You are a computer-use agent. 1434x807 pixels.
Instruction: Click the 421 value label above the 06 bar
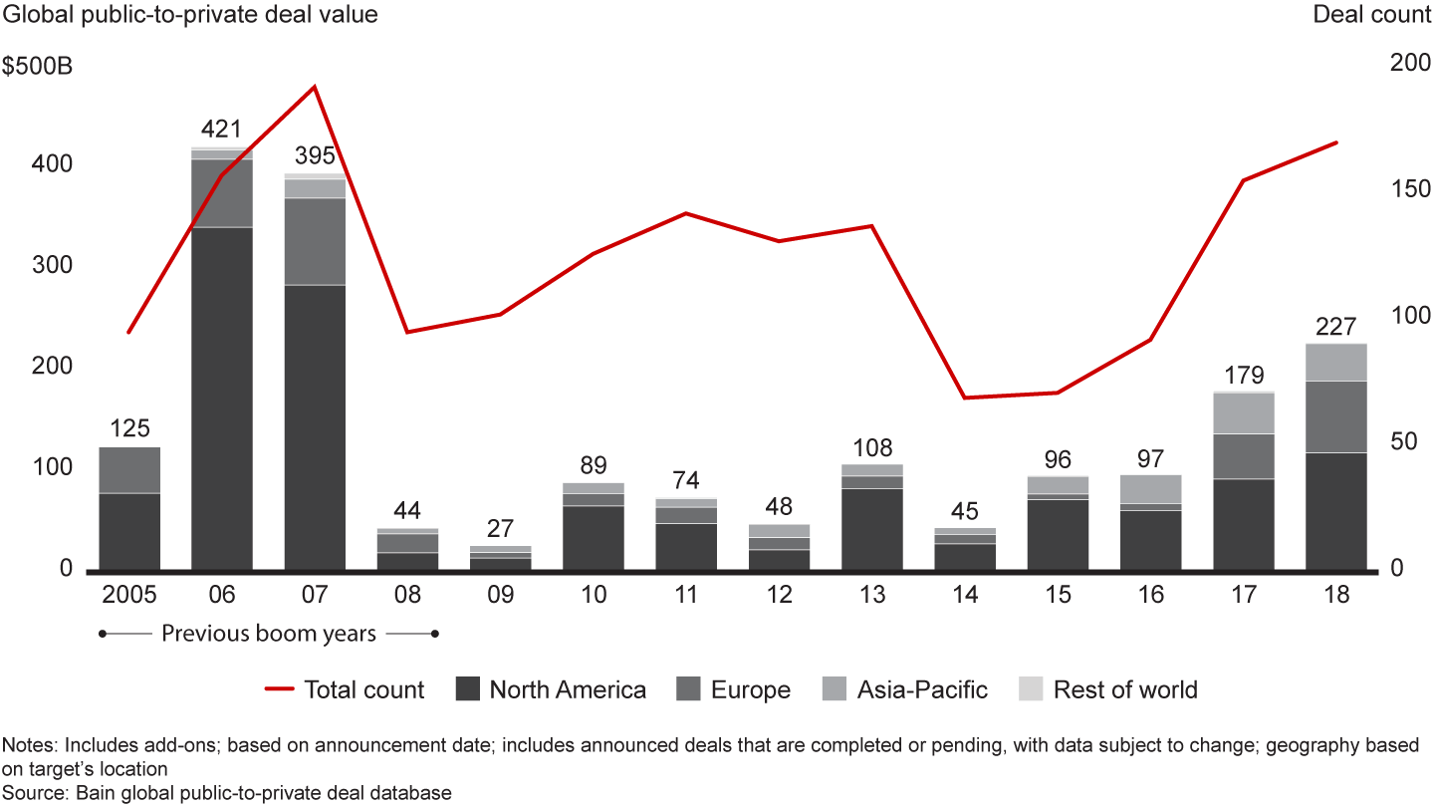[x=222, y=129]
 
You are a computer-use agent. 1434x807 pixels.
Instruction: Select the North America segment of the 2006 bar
[x=222, y=399]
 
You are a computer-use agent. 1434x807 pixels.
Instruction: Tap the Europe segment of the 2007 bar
[x=315, y=241]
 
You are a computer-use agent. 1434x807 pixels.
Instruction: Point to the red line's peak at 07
[x=315, y=87]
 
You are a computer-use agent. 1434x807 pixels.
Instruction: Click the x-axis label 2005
[x=129, y=596]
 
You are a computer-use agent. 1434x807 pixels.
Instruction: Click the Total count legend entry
[x=344, y=689]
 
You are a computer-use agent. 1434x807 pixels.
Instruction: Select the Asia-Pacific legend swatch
[x=835, y=689]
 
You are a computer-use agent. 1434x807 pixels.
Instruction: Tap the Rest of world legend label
[x=1125, y=689]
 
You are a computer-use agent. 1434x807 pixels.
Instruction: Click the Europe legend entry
[x=732, y=689]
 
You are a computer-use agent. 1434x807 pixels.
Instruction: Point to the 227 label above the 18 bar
[x=1336, y=326]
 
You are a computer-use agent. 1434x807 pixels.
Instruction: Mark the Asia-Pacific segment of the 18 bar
[x=1336, y=363]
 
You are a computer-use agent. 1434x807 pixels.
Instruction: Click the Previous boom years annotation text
[x=269, y=634]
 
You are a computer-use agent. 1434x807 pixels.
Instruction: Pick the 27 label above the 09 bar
[x=500, y=528]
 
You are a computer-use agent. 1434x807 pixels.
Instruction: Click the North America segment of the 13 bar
[x=872, y=529]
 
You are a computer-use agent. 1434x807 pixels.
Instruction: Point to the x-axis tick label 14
[x=965, y=596]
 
